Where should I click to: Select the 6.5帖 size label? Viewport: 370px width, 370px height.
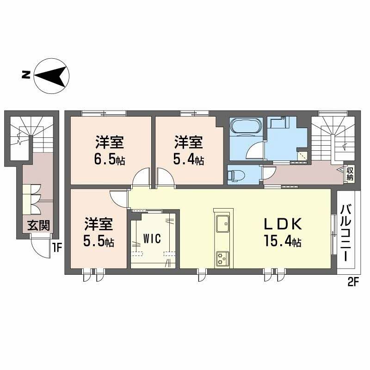110,159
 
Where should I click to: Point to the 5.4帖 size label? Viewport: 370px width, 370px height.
188,159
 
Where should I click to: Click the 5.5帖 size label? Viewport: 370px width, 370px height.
98,241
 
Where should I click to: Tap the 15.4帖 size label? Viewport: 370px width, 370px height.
283,241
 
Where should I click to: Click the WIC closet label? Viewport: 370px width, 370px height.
152,239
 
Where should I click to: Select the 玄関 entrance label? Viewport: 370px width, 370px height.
38,227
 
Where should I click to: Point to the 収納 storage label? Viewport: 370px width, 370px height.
350,174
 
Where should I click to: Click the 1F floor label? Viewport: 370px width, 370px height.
56,247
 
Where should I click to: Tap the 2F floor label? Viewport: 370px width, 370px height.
353,280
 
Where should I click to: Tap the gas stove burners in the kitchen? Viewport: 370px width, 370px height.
222,257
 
